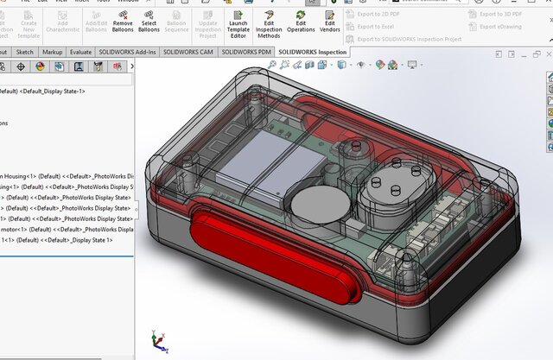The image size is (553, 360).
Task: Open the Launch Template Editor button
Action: tap(238, 23)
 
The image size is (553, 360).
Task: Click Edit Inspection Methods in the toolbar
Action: tap(269, 23)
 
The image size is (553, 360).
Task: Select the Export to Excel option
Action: tap(376, 27)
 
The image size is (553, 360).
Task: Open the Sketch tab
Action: tap(24, 52)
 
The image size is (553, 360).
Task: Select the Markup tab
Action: tap(52, 52)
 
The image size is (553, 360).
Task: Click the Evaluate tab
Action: tap(81, 52)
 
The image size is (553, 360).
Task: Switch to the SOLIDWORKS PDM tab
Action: tap(248, 52)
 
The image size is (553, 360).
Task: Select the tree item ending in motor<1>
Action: tap(35, 230)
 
